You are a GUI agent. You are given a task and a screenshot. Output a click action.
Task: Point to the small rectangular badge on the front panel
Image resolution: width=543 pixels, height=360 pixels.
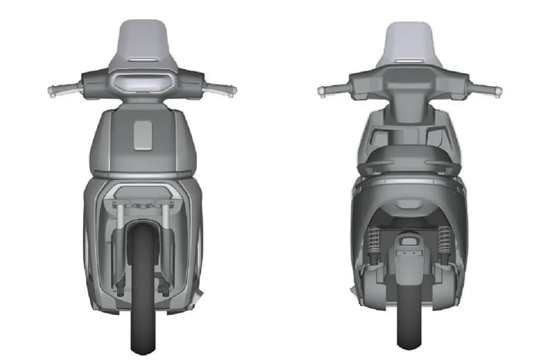[144, 136]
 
